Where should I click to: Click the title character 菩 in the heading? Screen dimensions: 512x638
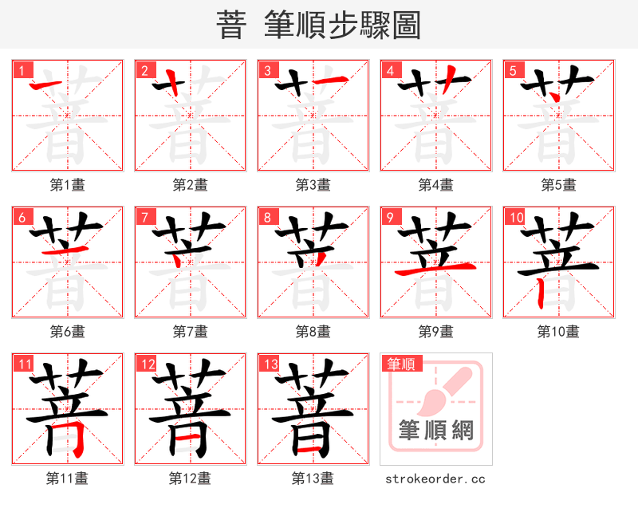coord(231,26)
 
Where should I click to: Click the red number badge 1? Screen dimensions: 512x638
coord(21,70)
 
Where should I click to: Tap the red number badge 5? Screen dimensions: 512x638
coord(512,70)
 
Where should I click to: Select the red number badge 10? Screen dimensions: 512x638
coord(514,217)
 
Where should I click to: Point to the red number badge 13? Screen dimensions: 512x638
coord(269,364)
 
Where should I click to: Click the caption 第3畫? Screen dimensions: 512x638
coord(313,185)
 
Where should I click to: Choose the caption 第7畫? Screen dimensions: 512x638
coord(190,331)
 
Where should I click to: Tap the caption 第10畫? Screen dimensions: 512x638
coord(558,331)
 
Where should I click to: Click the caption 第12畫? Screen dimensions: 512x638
coord(190,479)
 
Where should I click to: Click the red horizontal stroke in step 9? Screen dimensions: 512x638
coord(435,272)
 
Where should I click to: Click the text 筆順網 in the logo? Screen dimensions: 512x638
coord(435,431)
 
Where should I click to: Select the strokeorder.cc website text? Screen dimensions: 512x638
coord(435,479)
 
